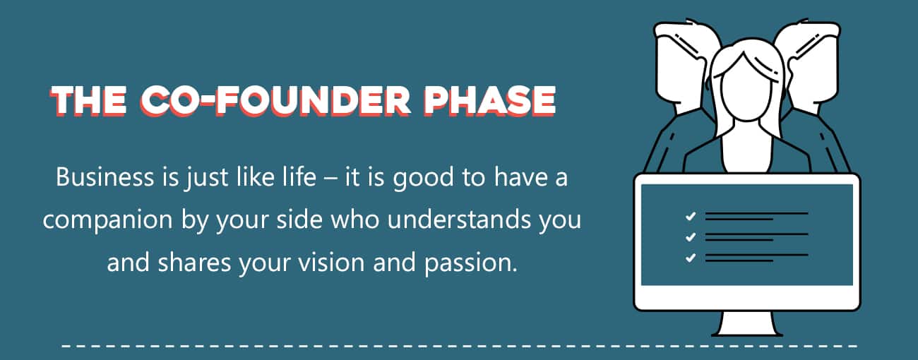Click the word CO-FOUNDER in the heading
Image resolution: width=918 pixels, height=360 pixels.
click(275, 101)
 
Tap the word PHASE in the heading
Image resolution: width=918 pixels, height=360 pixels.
click(490, 101)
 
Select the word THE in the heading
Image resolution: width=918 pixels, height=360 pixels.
click(88, 101)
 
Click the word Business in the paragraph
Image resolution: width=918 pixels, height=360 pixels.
click(105, 177)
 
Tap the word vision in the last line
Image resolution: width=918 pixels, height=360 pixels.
click(331, 262)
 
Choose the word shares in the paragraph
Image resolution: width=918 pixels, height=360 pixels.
click(195, 262)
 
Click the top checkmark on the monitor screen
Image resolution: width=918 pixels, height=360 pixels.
click(691, 216)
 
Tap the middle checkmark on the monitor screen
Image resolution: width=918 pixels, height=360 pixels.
click(691, 236)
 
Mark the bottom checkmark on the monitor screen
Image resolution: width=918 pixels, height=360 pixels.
click(691, 258)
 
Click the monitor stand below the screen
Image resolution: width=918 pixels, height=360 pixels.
click(747, 323)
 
